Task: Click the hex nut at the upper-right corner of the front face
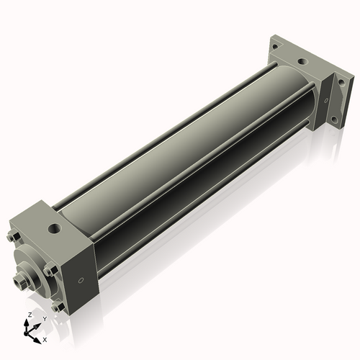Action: tap(47, 271)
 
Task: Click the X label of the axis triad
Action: tap(45, 338)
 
